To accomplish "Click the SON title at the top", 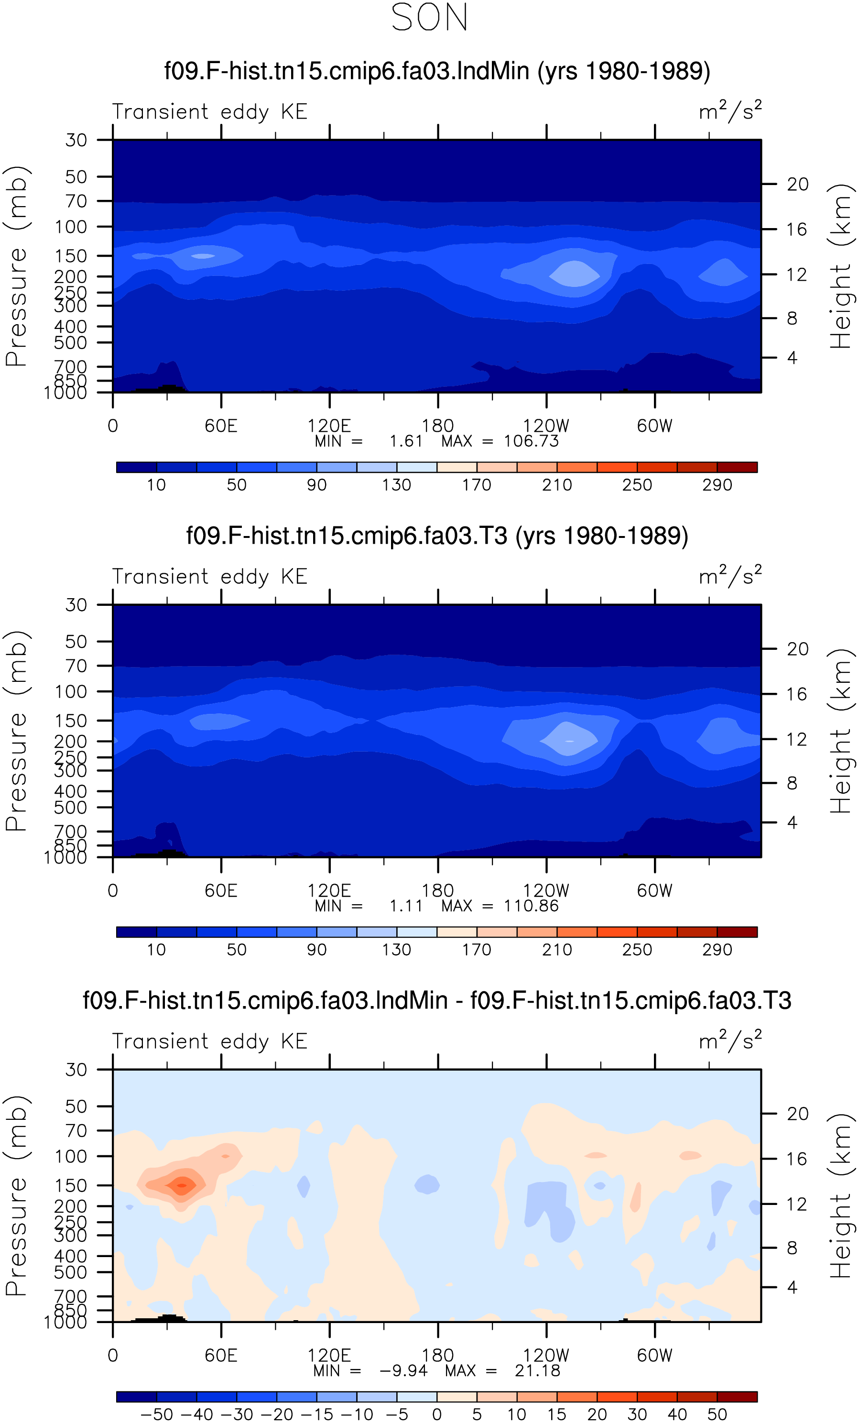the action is (x=429, y=17).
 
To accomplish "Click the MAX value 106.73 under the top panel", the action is (x=531, y=441).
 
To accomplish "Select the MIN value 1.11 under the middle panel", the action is (x=406, y=906).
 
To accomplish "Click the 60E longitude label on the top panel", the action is (x=221, y=426).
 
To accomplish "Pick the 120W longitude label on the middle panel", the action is (x=546, y=891).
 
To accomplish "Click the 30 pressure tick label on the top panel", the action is (x=76, y=140).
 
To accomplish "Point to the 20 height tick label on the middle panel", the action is (x=798, y=649).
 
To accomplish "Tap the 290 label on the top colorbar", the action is (x=717, y=485).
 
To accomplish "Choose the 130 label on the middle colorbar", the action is (x=397, y=950).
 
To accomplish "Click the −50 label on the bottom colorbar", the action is (x=156, y=1414).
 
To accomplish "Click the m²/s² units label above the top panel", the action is (x=730, y=111).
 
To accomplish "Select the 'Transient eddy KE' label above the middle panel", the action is (x=209, y=577).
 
